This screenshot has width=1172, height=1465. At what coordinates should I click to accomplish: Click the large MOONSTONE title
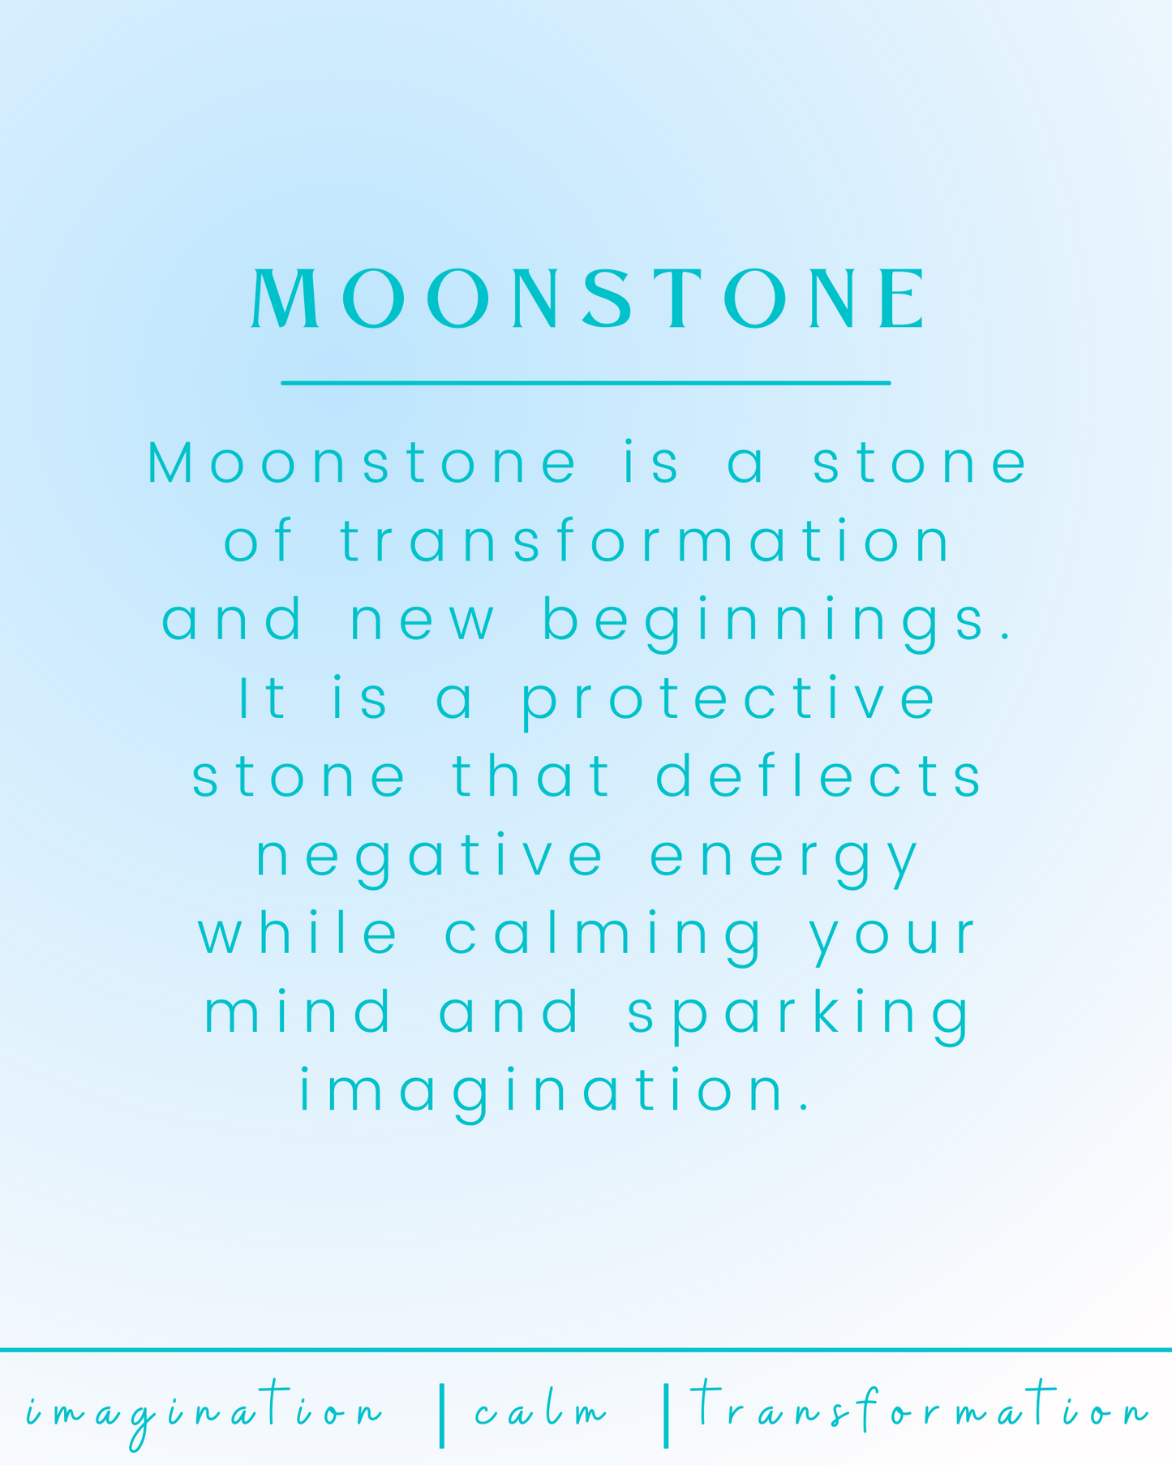tap(587, 299)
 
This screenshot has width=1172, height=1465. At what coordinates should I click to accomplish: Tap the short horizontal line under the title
tap(586, 383)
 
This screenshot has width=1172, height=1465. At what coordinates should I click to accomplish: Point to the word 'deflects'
tap(819, 775)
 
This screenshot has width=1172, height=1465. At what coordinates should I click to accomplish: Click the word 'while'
tap(298, 932)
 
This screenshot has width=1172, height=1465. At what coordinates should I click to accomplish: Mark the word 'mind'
tap(298, 1010)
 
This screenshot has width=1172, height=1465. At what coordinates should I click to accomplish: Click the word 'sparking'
tap(799, 1015)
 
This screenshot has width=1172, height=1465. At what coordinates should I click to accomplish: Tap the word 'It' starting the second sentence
tap(262, 698)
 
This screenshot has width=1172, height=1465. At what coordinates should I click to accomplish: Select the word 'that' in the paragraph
tap(530, 775)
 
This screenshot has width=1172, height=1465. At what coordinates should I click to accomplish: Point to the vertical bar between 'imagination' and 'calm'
tap(441, 1416)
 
